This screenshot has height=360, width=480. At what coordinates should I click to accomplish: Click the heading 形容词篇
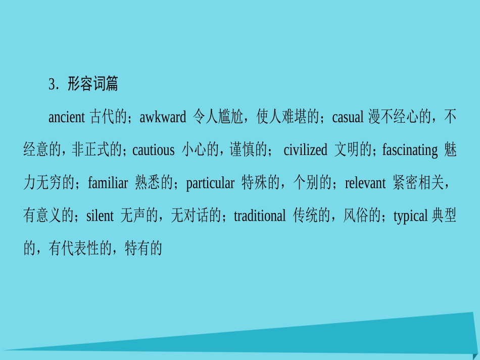93,84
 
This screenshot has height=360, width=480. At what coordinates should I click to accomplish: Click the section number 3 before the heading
52,84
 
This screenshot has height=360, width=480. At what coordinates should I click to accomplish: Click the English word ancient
67,118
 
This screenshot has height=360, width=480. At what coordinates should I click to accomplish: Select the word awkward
163,118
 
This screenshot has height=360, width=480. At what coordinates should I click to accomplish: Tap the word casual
348,118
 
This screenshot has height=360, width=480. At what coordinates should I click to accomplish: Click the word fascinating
410,150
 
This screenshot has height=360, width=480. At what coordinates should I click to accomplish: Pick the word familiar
108,183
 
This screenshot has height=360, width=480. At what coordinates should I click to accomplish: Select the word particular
210,183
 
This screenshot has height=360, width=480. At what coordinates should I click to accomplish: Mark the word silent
100,216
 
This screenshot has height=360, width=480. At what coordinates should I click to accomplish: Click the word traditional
260,216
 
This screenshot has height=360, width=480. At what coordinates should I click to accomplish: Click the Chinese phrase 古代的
108,118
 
